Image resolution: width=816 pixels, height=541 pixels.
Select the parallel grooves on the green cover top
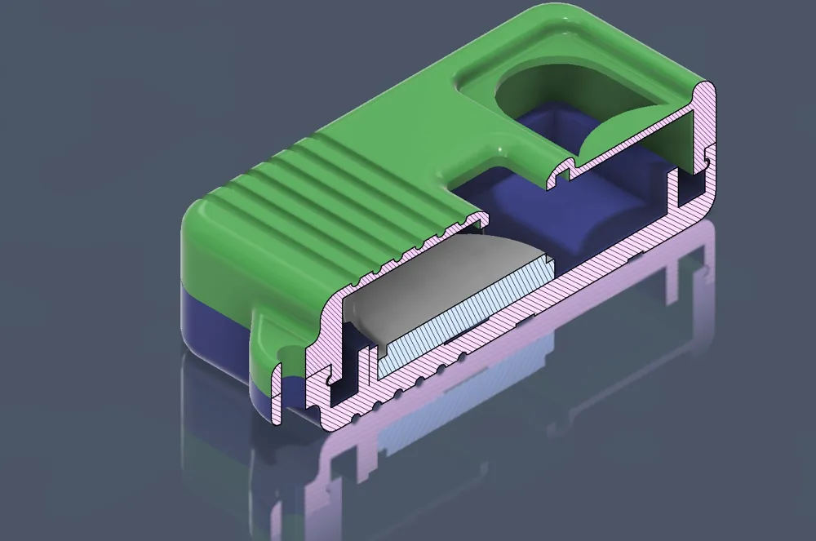343,196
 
